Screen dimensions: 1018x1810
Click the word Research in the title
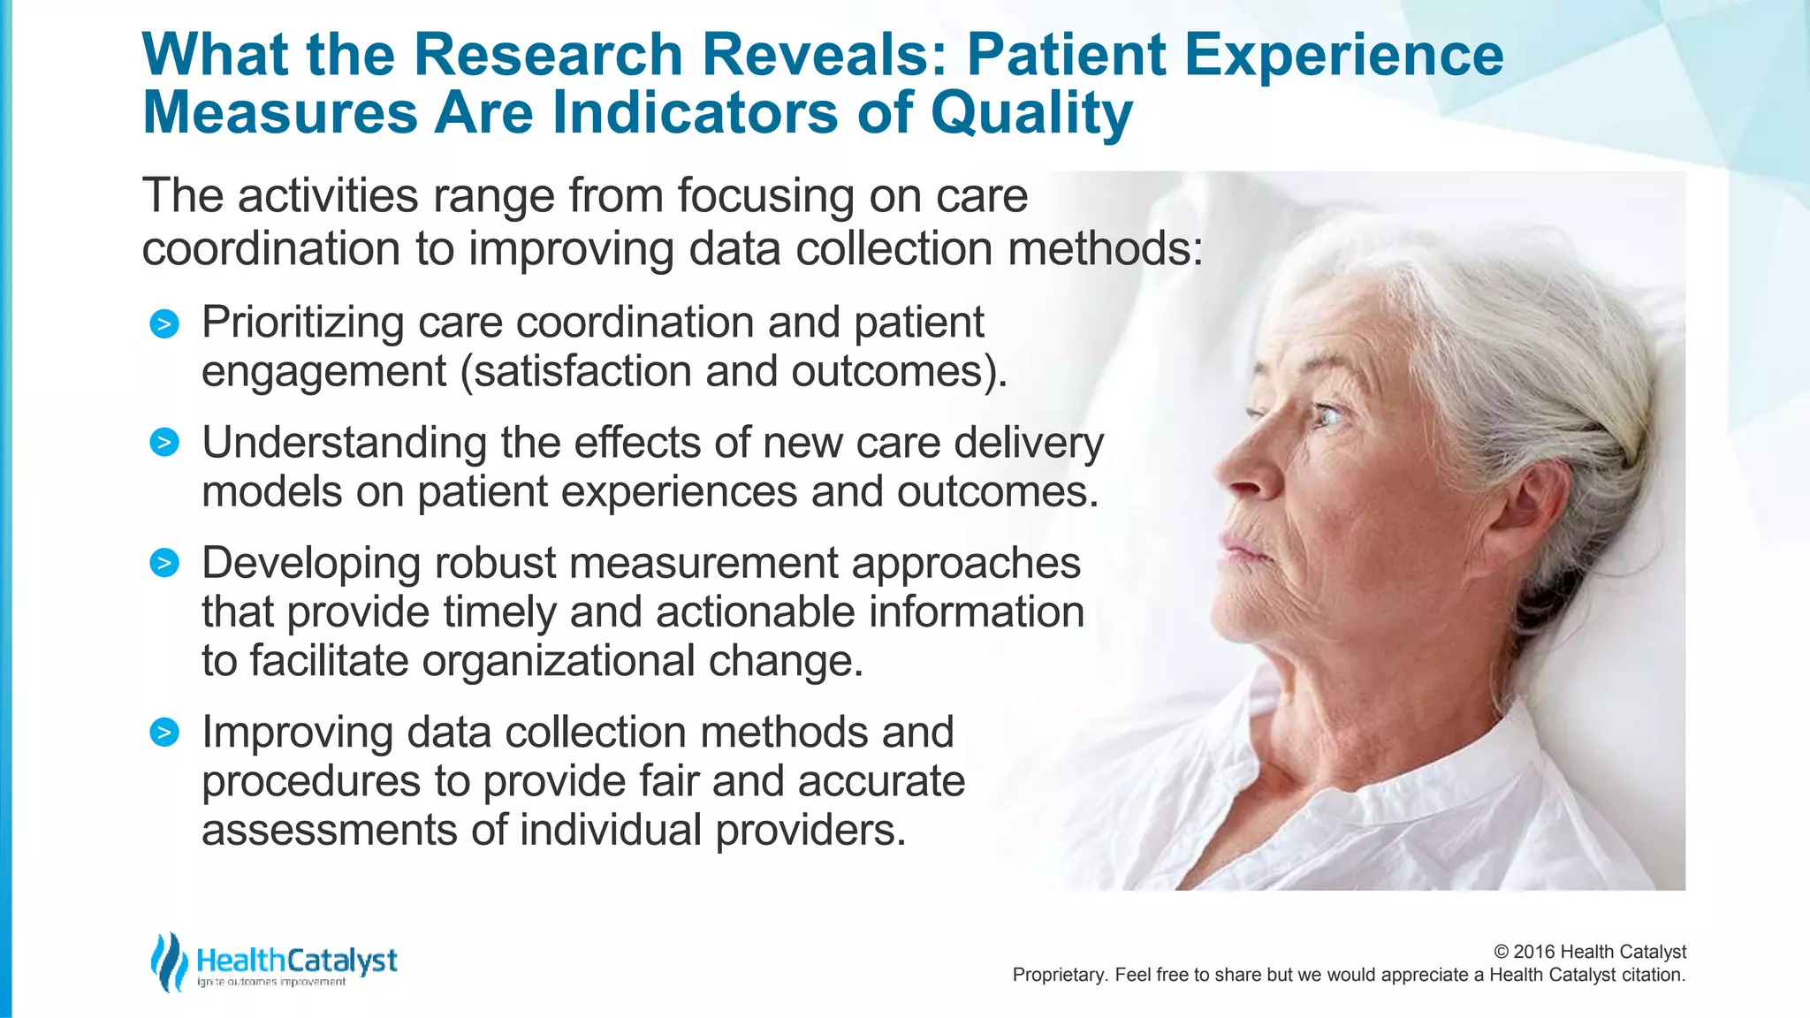click(548, 55)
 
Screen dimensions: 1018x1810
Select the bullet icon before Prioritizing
click(164, 324)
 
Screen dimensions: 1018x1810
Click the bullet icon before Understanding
click(164, 442)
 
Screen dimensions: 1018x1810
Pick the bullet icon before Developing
click(164, 563)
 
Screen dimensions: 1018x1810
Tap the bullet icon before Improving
click(164, 732)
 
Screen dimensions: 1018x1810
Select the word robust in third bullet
click(496, 563)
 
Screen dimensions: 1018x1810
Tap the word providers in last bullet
click(810, 831)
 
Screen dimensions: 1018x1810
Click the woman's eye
click(1326, 414)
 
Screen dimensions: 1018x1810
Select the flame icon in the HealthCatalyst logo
click(168, 961)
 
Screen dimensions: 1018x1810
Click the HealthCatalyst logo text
click(297, 961)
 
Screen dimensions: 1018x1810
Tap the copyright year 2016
click(1535, 952)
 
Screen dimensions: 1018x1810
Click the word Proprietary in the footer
click(1059, 975)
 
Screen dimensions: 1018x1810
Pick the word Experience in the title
click(1343, 55)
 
